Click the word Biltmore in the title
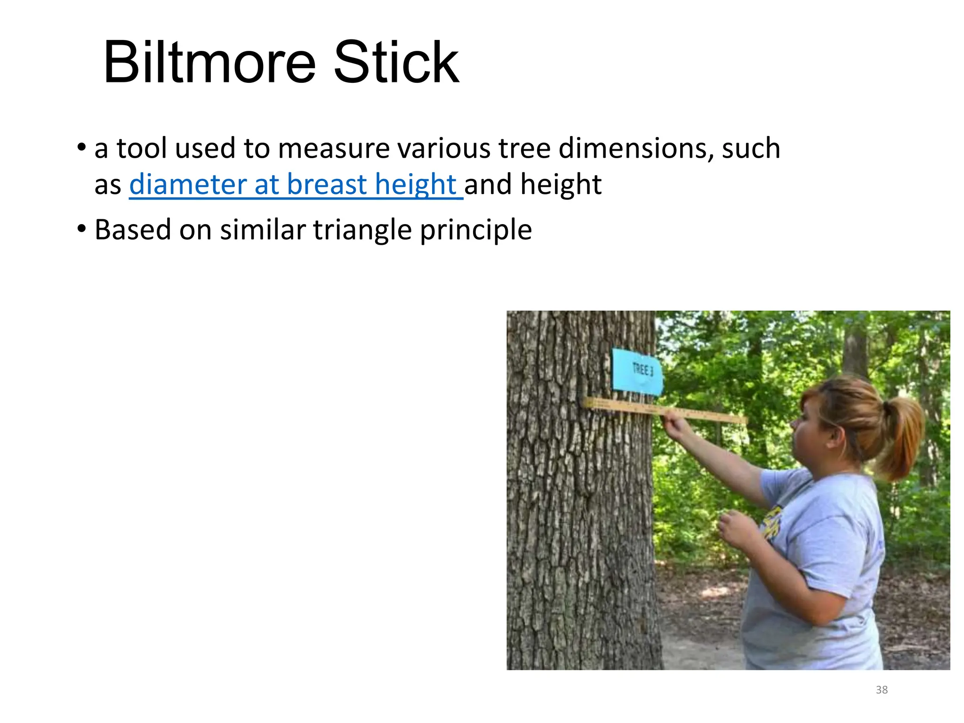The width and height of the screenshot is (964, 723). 209,63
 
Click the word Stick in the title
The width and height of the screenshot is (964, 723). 396,63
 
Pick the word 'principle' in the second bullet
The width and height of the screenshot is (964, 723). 476,230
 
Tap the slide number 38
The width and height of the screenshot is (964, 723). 882,690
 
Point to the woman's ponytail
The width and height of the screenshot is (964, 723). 901,433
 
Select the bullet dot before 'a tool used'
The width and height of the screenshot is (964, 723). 82,149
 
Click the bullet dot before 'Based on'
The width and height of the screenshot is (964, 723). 82,230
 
